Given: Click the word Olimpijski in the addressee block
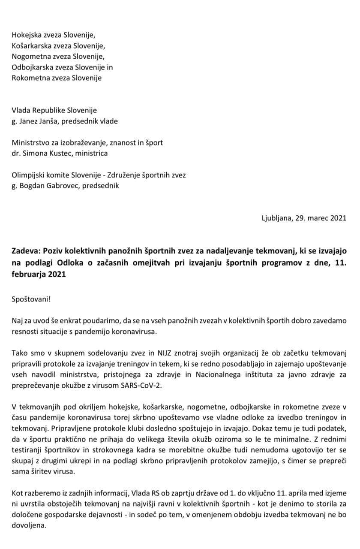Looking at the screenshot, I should [x=28, y=175].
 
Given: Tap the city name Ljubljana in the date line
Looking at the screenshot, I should [x=277, y=217].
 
